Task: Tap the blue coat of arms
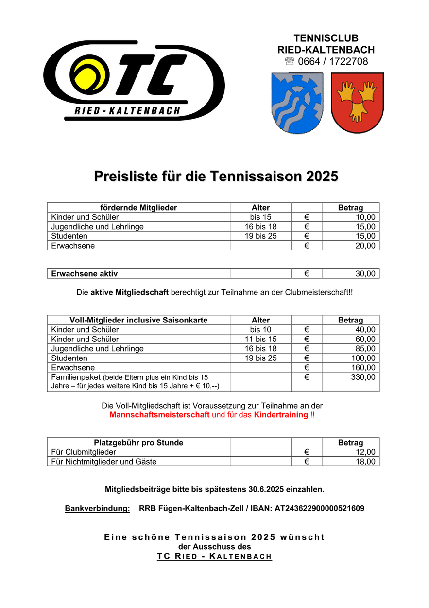296,102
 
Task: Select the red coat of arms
357,102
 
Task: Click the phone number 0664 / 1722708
333,61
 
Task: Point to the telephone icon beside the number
290,61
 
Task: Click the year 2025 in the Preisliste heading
322,176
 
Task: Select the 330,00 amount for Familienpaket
363,377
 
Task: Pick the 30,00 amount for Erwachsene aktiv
365,274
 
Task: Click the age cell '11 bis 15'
260,339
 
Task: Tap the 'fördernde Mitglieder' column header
138,208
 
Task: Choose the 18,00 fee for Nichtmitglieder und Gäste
365,462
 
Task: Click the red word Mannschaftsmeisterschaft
159,415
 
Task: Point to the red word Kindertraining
281,415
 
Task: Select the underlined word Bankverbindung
97,509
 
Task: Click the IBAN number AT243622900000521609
319,509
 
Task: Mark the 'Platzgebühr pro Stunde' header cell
138,443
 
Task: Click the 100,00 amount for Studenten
363,358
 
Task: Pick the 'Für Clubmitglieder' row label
84,452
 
